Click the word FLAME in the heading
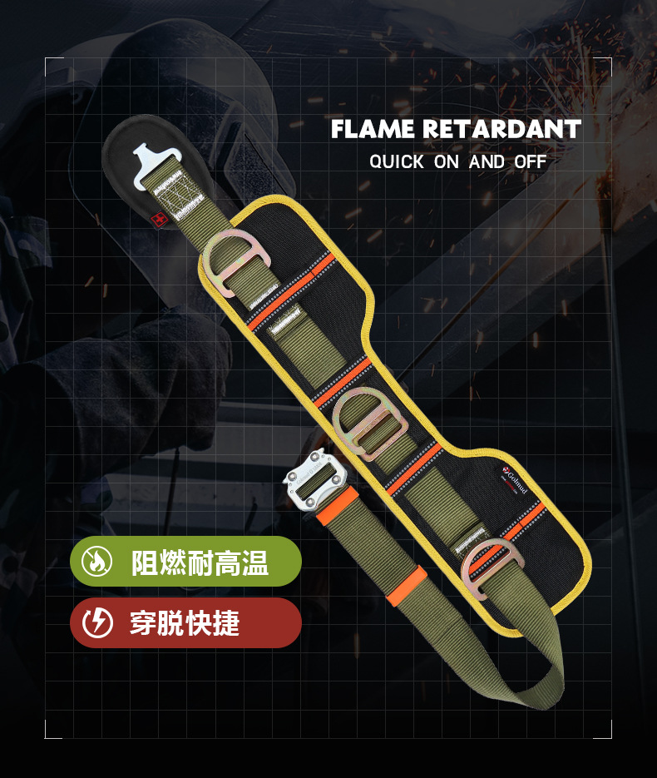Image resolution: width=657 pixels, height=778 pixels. pyautogui.click(x=373, y=130)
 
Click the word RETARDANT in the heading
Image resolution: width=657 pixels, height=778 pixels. pyautogui.click(x=501, y=130)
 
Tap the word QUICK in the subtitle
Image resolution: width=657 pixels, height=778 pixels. pyautogui.click(x=397, y=161)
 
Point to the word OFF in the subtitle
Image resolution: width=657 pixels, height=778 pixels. pyautogui.click(x=530, y=161)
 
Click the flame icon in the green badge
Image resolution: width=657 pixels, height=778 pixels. pyautogui.click(x=97, y=562)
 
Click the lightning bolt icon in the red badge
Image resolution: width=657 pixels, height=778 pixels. pyautogui.click(x=97, y=623)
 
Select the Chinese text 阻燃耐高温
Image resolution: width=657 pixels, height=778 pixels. pyautogui.click(x=200, y=562)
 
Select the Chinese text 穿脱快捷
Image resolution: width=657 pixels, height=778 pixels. pyautogui.click(x=185, y=623)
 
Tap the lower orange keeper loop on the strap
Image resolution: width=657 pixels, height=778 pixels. pyautogui.click(x=406, y=586)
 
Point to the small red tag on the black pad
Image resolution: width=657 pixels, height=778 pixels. pyautogui.click(x=158, y=218)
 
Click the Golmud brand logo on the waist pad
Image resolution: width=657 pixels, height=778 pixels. pyautogui.click(x=515, y=481)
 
